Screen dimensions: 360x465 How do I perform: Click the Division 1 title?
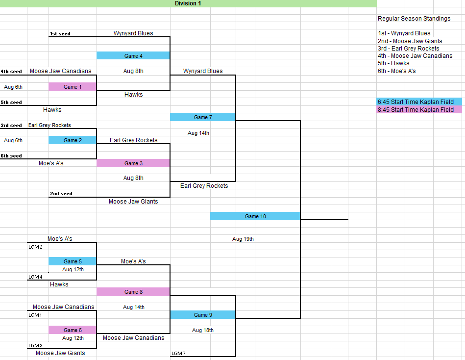pyautogui.click(x=188, y=3)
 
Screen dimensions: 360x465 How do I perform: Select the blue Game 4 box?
pyautogui.click(x=133, y=56)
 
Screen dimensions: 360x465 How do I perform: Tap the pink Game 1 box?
pyautogui.click(x=73, y=87)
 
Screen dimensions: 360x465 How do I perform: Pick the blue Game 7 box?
pyautogui.click(x=202, y=117)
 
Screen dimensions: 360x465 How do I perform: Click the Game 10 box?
pyautogui.click(x=255, y=216)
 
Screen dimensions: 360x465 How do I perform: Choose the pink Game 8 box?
pyautogui.click(x=133, y=292)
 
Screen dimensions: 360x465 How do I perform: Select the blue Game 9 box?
pyautogui.click(x=202, y=315)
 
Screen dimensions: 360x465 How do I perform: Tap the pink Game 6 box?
pyautogui.click(x=73, y=330)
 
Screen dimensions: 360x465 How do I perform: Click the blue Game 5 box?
pyautogui.click(x=73, y=261)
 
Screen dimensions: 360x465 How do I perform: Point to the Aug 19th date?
pyautogui.click(x=243, y=239)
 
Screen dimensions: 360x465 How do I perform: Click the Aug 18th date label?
pyautogui.click(x=202, y=330)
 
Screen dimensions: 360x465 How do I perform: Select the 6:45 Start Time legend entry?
pyautogui.click(x=416, y=102)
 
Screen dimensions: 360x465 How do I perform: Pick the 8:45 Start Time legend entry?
pyautogui.click(x=416, y=110)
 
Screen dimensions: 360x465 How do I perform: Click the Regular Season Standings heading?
pyautogui.click(x=414, y=19)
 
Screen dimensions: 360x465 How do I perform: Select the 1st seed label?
pyautogui.click(x=60, y=34)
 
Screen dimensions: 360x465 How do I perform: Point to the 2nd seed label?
pyautogui.click(x=61, y=194)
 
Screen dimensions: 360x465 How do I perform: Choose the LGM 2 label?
pyautogui.click(x=35, y=247)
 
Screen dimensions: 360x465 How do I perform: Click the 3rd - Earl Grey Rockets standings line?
pyautogui.click(x=408, y=49)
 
